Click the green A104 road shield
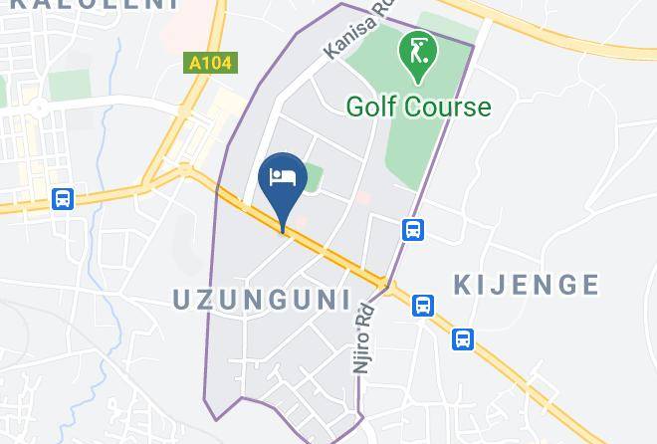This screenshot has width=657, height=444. (x=210, y=63)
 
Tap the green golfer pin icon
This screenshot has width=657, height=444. (x=414, y=57)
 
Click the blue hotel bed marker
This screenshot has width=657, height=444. (x=283, y=178)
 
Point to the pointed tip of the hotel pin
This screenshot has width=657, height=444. (x=284, y=231)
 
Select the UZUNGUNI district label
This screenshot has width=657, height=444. (x=262, y=299)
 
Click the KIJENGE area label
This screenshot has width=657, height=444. (x=527, y=286)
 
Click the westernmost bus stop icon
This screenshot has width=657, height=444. (x=63, y=199)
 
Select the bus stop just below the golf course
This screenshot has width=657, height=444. (x=413, y=230)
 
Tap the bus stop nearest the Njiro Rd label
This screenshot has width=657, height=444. (x=423, y=305)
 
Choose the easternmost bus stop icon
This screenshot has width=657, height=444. (x=463, y=339)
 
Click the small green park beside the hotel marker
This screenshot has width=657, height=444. (x=313, y=177)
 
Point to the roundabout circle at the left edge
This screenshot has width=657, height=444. (x=38, y=107)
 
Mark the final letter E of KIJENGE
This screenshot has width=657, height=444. (x=589, y=286)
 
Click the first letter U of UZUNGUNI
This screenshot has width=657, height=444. (x=182, y=299)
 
